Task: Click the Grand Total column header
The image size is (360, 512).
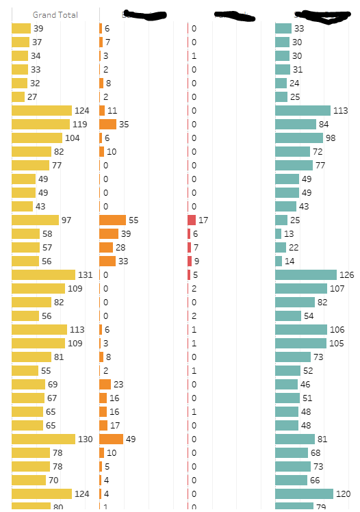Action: point(55,14)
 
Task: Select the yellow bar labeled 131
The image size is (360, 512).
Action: point(43,274)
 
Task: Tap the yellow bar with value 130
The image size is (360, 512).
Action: point(43,439)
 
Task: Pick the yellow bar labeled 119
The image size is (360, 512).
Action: point(40,124)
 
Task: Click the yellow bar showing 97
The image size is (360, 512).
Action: point(35,220)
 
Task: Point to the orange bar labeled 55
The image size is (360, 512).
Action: point(112,220)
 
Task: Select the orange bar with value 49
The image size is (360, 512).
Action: point(111,439)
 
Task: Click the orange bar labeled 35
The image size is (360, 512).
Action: point(107,124)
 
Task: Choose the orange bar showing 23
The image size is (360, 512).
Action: point(105,384)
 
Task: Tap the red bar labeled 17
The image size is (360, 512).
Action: point(192,220)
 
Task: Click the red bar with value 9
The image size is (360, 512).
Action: point(190,261)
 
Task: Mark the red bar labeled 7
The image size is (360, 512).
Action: point(190,247)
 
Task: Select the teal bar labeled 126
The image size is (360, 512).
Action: point(305,274)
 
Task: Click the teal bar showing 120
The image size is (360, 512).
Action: point(304,494)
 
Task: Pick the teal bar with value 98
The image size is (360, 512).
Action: point(298,138)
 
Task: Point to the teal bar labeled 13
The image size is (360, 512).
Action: point(278,233)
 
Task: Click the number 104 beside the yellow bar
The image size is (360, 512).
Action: point(72,138)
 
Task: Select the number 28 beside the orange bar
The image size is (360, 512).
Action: point(120,247)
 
